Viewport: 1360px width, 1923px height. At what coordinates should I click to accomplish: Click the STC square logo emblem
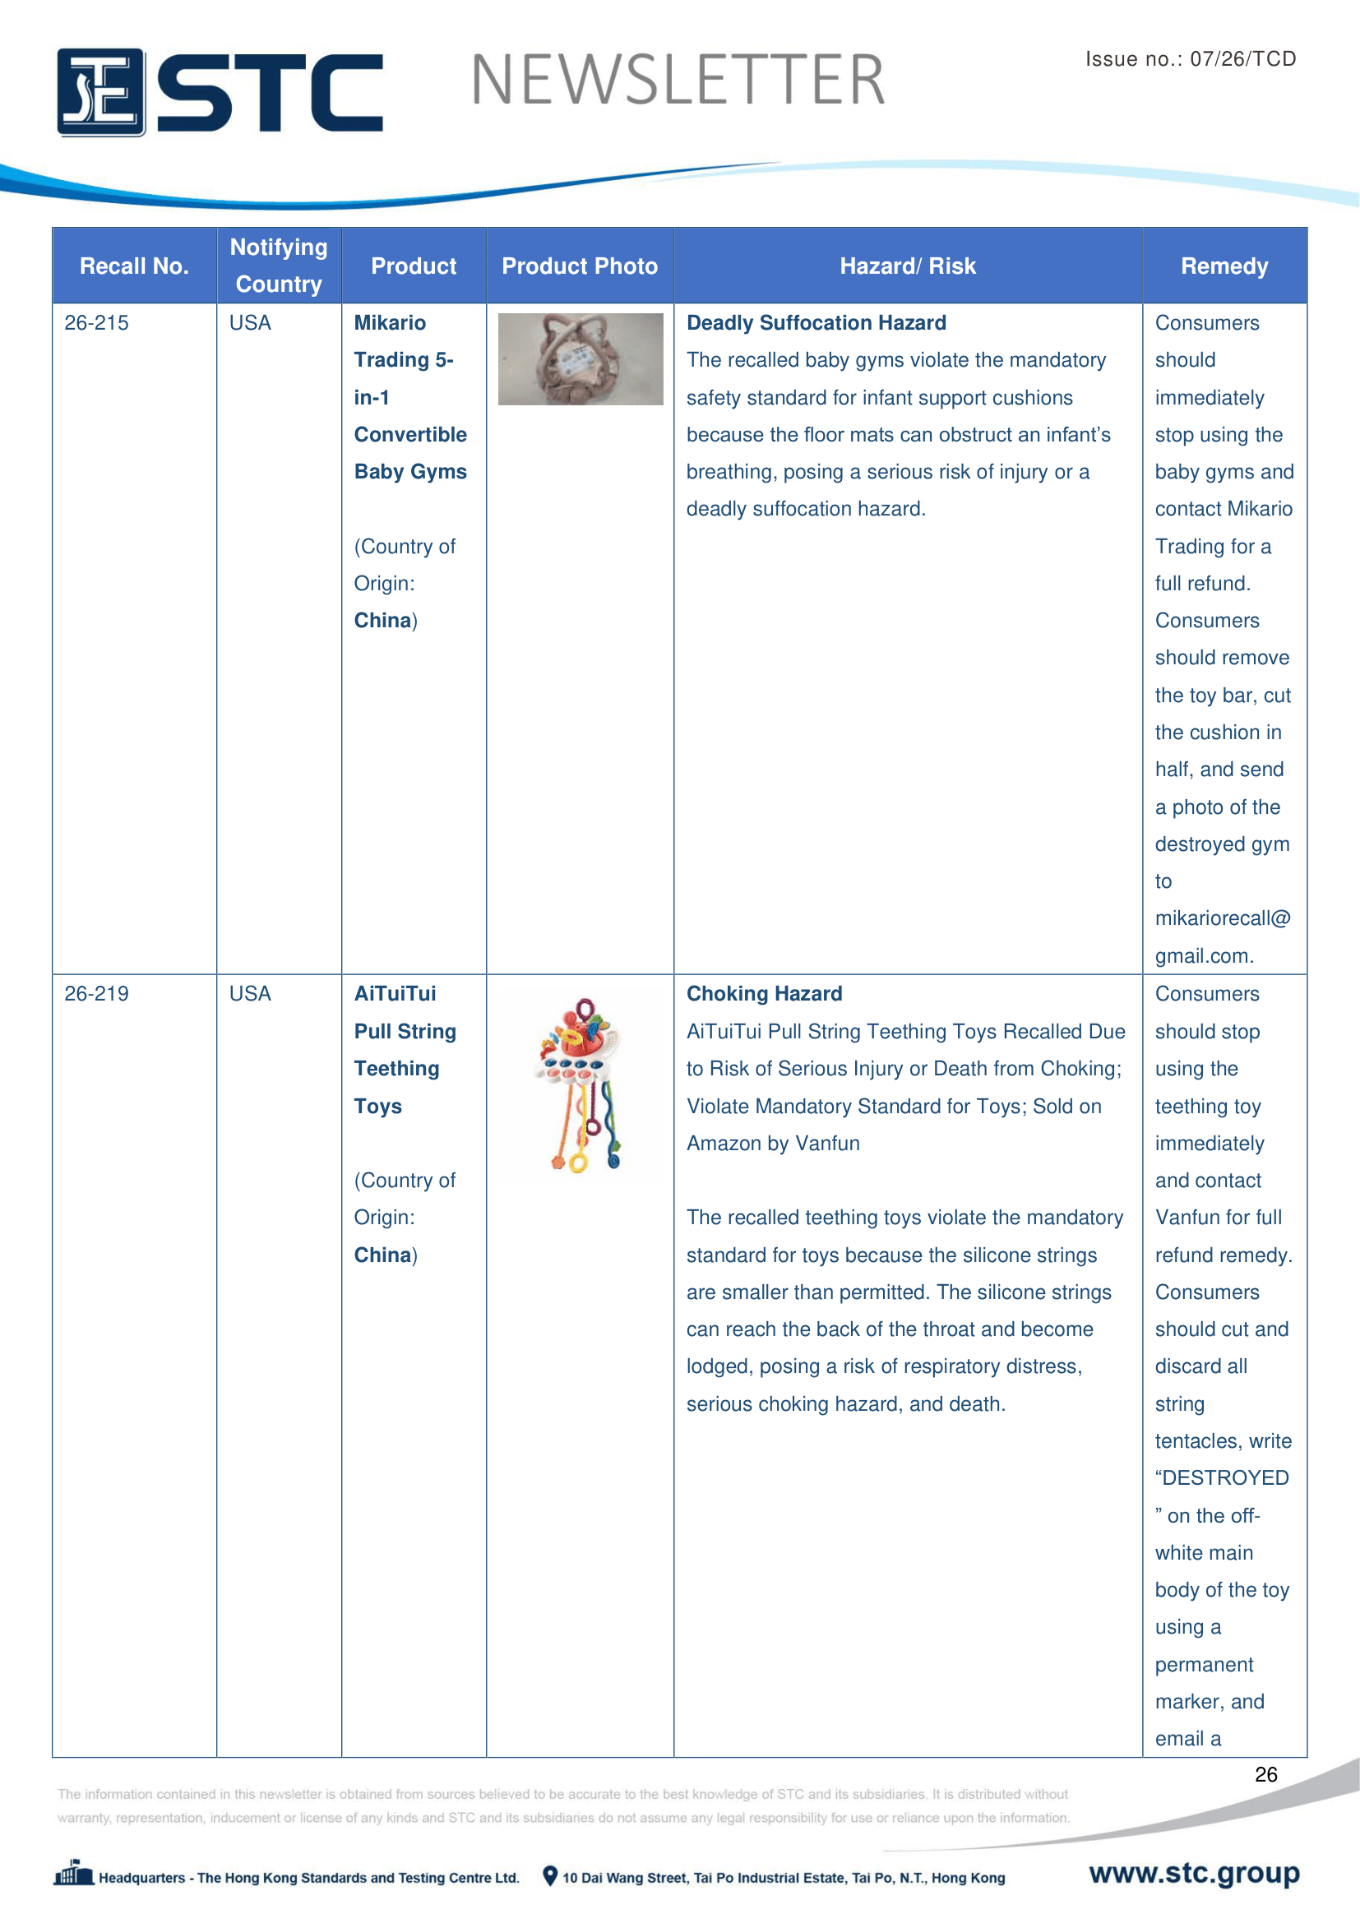point(100,92)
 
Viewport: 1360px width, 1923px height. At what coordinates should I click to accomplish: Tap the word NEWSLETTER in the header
point(678,81)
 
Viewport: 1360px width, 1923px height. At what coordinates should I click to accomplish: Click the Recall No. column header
point(134,266)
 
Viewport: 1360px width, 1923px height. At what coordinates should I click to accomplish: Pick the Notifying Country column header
point(279,266)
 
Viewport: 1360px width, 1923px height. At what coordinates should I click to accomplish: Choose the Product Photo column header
point(580,266)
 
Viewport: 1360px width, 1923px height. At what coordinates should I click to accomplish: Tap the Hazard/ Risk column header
point(907,266)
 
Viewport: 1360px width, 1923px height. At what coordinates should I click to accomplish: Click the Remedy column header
point(1224,266)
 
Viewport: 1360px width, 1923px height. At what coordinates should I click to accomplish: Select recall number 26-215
point(96,323)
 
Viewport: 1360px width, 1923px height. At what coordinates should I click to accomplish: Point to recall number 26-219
point(96,994)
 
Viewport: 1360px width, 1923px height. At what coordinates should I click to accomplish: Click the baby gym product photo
point(581,359)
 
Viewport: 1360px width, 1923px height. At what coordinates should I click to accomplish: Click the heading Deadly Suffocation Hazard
point(816,323)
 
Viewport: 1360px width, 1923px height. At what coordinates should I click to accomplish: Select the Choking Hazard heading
point(764,994)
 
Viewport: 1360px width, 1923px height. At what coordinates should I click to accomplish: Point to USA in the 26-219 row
point(250,994)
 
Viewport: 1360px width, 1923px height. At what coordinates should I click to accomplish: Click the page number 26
point(1265,1774)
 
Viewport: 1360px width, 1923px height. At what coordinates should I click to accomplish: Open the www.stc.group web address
point(1193,1873)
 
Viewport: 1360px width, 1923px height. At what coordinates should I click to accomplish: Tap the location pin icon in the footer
point(550,1876)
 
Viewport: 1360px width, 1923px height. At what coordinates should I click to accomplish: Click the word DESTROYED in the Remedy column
point(1225,1478)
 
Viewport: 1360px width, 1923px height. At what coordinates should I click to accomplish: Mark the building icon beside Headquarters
point(74,1874)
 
